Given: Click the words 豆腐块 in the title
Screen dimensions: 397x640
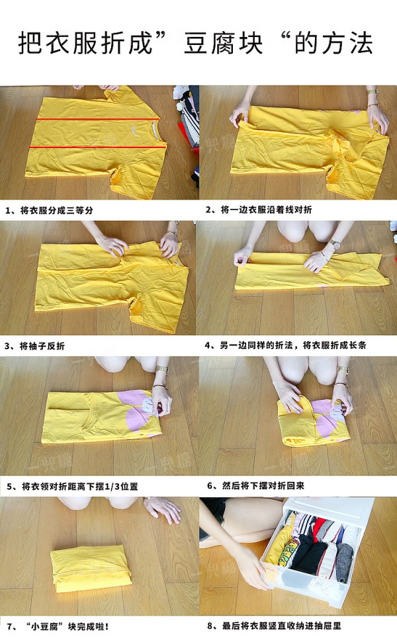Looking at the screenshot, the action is click(x=223, y=43).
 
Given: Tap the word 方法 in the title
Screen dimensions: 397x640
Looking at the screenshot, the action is click(x=347, y=43).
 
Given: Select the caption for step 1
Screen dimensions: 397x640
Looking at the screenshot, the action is click(x=49, y=210).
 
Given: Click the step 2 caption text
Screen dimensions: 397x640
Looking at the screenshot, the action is click(x=259, y=210).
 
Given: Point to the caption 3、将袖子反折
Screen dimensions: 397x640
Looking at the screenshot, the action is click(x=34, y=346).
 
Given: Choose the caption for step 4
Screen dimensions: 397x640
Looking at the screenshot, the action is click(x=285, y=345).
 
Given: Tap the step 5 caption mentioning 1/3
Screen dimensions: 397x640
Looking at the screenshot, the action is click(x=72, y=486).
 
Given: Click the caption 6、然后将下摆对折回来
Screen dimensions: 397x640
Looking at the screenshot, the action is click(x=255, y=485).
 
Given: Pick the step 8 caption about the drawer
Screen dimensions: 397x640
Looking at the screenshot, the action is click(x=274, y=625).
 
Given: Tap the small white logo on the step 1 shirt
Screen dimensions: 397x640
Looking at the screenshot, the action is click(x=133, y=132).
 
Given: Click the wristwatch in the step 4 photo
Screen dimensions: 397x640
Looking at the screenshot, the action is click(x=335, y=245).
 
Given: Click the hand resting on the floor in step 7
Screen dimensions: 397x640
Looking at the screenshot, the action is click(x=163, y=508).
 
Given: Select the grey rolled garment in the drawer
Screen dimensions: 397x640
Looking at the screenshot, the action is click(x=344, y=559).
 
